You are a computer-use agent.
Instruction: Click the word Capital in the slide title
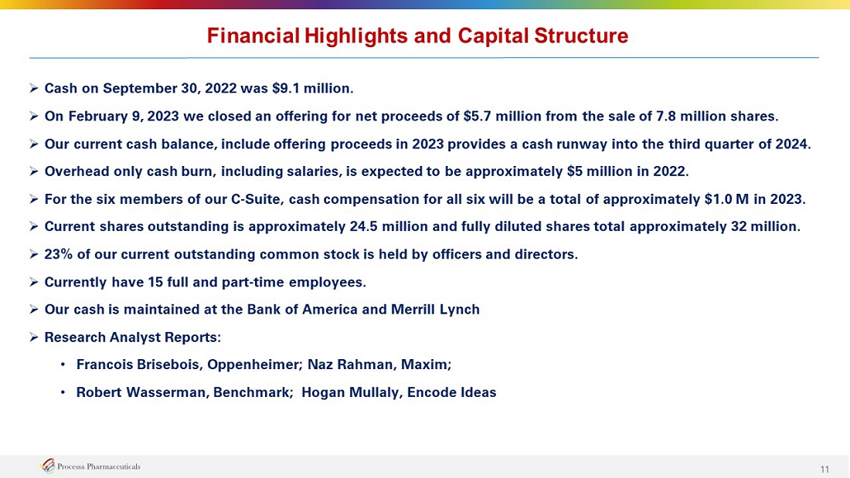tap(492, 36)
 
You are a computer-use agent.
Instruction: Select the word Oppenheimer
tap(254, 364)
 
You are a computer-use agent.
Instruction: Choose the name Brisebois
tap(170, 364)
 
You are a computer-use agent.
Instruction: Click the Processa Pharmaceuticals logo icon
tap(48, 466)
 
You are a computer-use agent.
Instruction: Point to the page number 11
tap(824, 470)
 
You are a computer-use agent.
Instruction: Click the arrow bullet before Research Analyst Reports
tap(33, 337)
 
